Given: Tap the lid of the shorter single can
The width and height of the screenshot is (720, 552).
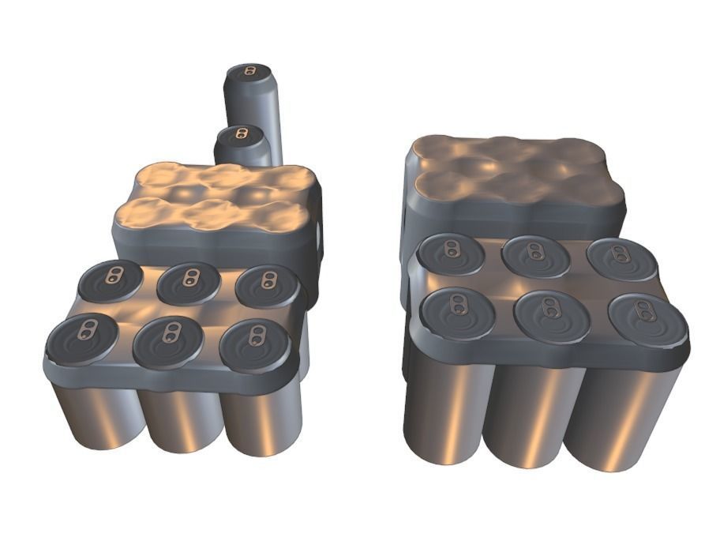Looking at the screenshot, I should tap(240, 135).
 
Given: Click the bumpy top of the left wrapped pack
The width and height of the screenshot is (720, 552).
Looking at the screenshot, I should tap(217, 196).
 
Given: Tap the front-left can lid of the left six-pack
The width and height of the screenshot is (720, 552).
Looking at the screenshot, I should tap(81, 339).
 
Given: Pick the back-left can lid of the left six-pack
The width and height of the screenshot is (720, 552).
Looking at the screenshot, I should tap(111, 280).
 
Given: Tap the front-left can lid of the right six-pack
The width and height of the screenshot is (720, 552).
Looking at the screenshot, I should tap(457, 310).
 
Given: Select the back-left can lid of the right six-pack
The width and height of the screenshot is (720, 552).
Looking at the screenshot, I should tap(449, 253).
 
